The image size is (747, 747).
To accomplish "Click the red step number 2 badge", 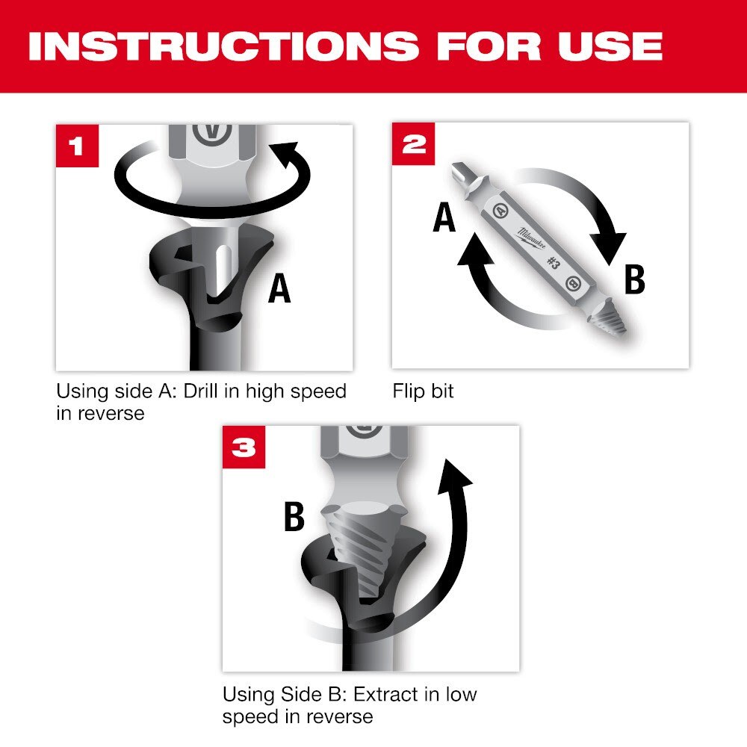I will pos(413,143).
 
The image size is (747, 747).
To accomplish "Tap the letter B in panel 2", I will pos(633,280).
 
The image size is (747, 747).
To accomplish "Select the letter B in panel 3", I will pos(294,517).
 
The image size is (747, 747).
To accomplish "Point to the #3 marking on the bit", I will pos(553,262).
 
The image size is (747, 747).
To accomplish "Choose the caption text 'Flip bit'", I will pos(423,391).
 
